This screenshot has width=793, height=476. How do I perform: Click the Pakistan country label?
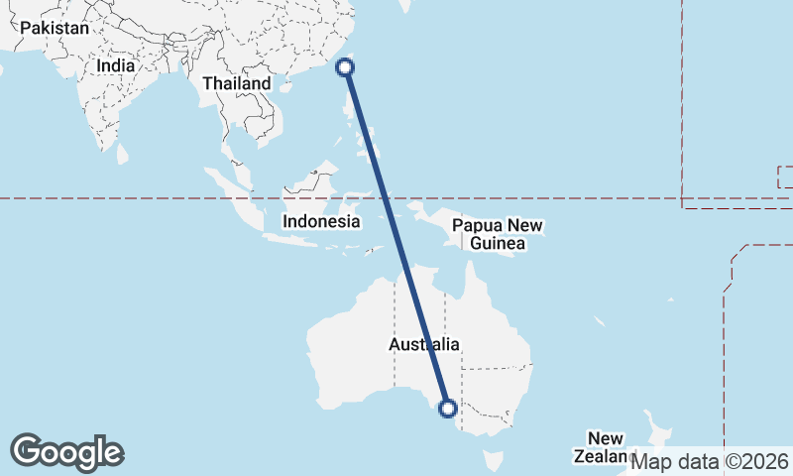55,29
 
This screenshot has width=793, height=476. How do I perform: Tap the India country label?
116,65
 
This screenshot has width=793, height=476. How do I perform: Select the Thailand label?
237,84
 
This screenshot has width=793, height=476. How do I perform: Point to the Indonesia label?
321,221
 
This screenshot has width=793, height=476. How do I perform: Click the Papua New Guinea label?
499,235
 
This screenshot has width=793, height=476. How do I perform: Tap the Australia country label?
424,345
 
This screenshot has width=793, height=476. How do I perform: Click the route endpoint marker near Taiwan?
345,67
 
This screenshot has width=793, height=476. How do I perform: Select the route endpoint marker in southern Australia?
447,408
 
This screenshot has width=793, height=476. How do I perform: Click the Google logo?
67,452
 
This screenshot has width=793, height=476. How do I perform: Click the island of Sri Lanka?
123,155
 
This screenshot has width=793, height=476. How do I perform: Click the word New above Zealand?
605,438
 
